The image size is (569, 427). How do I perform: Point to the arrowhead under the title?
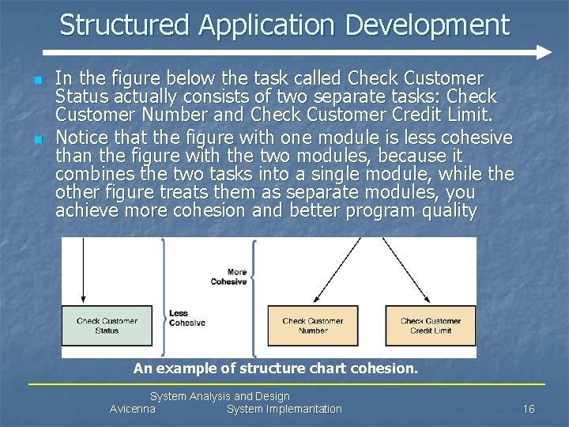tap(543, 53)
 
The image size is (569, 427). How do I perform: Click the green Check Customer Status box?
tap(107, 325)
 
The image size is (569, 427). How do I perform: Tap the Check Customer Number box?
tap(313, 325)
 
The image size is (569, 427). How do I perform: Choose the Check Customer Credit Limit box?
tap(431, 325)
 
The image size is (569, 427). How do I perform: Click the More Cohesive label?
tap(229, 277)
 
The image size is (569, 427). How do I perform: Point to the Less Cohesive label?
tap(187, 318)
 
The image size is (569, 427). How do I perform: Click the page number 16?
tap(529, 409)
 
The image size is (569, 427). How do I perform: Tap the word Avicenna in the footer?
tap(132, 409)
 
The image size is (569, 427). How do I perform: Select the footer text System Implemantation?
tap(284, 409)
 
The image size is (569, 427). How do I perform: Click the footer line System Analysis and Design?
tap(220, 396)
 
